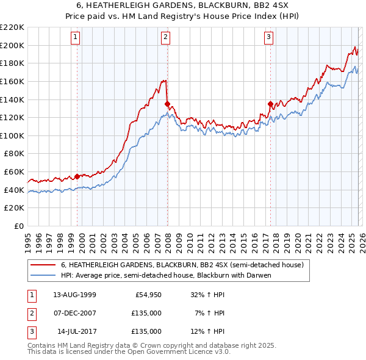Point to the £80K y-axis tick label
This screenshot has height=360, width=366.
[14, 154]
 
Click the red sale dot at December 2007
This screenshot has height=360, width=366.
[167, 104]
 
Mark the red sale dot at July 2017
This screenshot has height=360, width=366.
[270, 104]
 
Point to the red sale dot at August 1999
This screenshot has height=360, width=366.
[77, 176]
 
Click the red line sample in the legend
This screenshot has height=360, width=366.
[43, 265]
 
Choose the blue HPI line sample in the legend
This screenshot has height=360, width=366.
[43, 275]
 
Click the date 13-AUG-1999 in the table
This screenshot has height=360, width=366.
[74, 295]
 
